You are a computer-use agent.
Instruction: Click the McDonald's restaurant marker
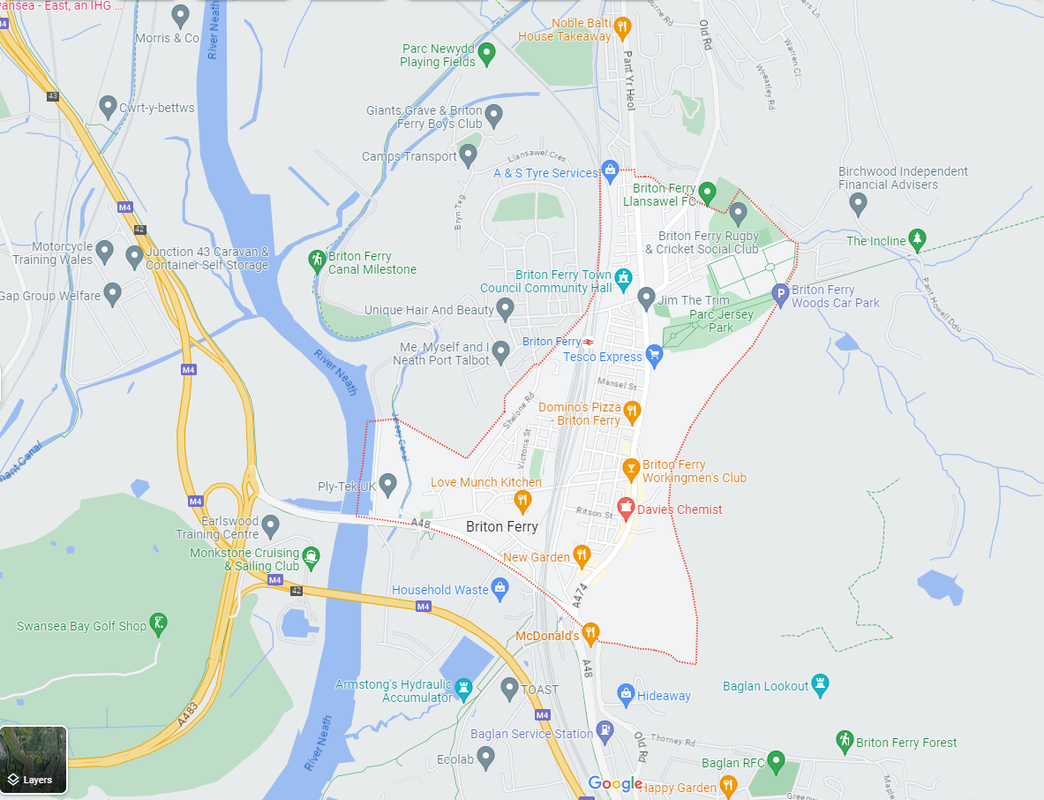[590, 632]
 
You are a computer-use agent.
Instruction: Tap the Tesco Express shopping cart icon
[654, 355]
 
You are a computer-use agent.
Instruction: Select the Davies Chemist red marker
[626, 508]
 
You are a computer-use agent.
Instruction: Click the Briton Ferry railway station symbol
[588, 342]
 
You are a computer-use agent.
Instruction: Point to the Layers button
[33, 760]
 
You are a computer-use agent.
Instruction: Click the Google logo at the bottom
[615, 784]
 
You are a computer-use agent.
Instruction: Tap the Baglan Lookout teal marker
[821, 684]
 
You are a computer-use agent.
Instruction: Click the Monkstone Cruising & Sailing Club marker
[311, 557]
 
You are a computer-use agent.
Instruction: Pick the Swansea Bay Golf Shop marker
[158, 624]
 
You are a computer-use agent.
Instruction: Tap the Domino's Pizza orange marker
[632, 411]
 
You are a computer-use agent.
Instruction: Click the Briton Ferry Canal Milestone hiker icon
[317, 260]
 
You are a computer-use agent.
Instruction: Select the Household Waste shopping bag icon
[499, 588]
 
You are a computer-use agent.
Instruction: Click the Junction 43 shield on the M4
[53, 95]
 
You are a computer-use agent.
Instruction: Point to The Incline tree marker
[918, 239]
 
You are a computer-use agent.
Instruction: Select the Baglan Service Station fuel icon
[605, 731]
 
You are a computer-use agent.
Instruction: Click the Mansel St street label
[616, 385]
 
